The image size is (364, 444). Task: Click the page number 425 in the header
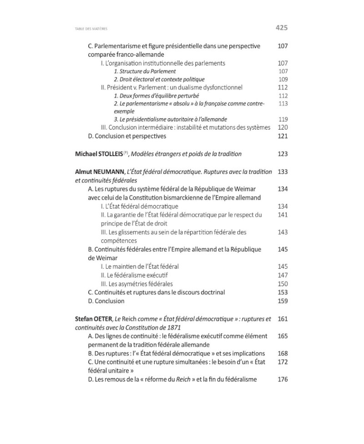282,28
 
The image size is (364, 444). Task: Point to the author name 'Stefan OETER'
93,319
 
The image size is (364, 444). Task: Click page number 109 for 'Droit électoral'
283,80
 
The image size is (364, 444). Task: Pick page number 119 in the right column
283,119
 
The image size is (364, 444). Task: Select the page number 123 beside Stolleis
283,154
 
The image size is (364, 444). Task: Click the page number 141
283,215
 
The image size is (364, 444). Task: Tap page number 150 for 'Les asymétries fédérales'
283,284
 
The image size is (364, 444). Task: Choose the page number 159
283,301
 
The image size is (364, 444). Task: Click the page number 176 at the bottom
283,379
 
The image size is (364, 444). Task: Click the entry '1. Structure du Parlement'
145,71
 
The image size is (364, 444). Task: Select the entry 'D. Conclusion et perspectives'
127,136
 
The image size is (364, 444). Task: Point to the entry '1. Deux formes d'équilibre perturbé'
150,96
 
